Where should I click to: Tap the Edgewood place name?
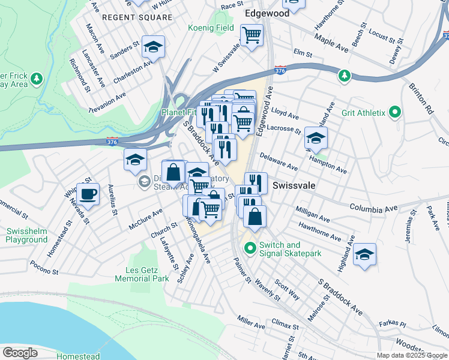coord(267,13)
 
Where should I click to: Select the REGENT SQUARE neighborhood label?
coord(137,17)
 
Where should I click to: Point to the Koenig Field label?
coord(210,28)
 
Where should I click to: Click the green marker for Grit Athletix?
coord(395,112)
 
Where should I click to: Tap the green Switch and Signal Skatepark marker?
coord(250,247)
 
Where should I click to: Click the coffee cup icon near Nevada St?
coord(88,194)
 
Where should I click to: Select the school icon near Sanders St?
coord(154,47)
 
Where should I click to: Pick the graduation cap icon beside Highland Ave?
coord(364,254)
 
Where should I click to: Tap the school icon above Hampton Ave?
coord(316,139)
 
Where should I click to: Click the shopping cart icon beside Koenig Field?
coord(252,34)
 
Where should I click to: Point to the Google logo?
coord(19,353)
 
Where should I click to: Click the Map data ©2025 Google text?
coord(411,355)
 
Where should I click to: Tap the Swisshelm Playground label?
coord(26,235)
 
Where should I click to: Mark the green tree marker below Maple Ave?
coord(343,76)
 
